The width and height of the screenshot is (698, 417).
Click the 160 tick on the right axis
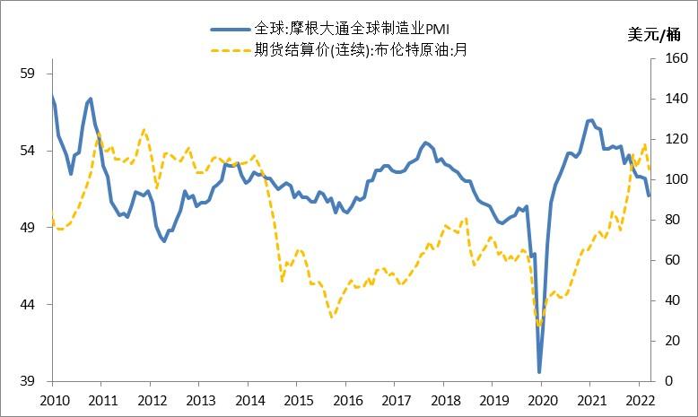coord(663,58)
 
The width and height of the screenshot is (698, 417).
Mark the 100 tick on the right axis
coord(663,179)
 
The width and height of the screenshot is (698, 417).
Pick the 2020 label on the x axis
coord(542,400)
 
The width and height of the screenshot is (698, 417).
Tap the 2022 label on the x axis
coord(639,400)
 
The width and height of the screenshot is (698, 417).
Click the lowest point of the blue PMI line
coord(539,371)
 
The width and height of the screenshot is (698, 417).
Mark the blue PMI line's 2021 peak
coord(590,119)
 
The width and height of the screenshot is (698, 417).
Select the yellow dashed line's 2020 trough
coord(539,326)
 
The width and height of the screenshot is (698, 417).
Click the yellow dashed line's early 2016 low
coord(332,317)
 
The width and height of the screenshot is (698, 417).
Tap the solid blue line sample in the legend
coord(231,30)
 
